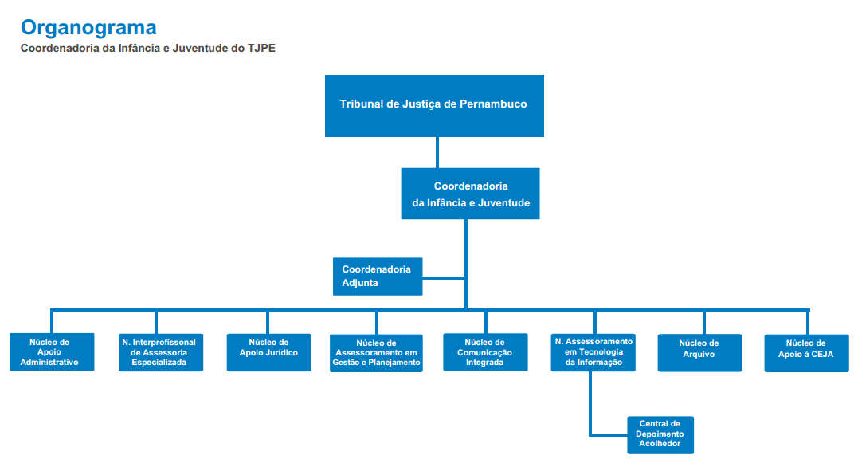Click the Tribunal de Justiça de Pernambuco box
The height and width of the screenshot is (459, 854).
[434, 106]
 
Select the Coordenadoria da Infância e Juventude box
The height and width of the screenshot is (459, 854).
[470, 194]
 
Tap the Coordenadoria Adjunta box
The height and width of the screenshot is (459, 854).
[378, 276]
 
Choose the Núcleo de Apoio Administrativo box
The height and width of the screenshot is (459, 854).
[52, 351]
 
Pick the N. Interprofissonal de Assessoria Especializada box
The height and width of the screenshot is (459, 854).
[161, 352]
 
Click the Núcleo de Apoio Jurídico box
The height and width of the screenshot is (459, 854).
[268, 352]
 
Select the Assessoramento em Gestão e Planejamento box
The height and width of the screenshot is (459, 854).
[376, 353]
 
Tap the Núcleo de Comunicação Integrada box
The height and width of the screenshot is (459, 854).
[485, 351]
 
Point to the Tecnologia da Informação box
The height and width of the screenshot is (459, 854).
[593, 352]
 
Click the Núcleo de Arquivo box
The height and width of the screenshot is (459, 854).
[700, 353]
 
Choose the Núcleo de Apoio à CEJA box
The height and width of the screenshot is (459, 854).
[807, 353]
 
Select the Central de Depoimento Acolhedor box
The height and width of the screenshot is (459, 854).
[660, 434]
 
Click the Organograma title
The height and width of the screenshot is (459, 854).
[88, 27]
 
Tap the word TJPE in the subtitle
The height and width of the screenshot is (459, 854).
[261, 48]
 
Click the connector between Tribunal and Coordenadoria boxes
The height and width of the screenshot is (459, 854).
[437, 152]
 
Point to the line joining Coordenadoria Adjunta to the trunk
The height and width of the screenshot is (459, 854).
[444, 277]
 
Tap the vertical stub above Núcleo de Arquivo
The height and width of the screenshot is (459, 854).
[703, 322]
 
